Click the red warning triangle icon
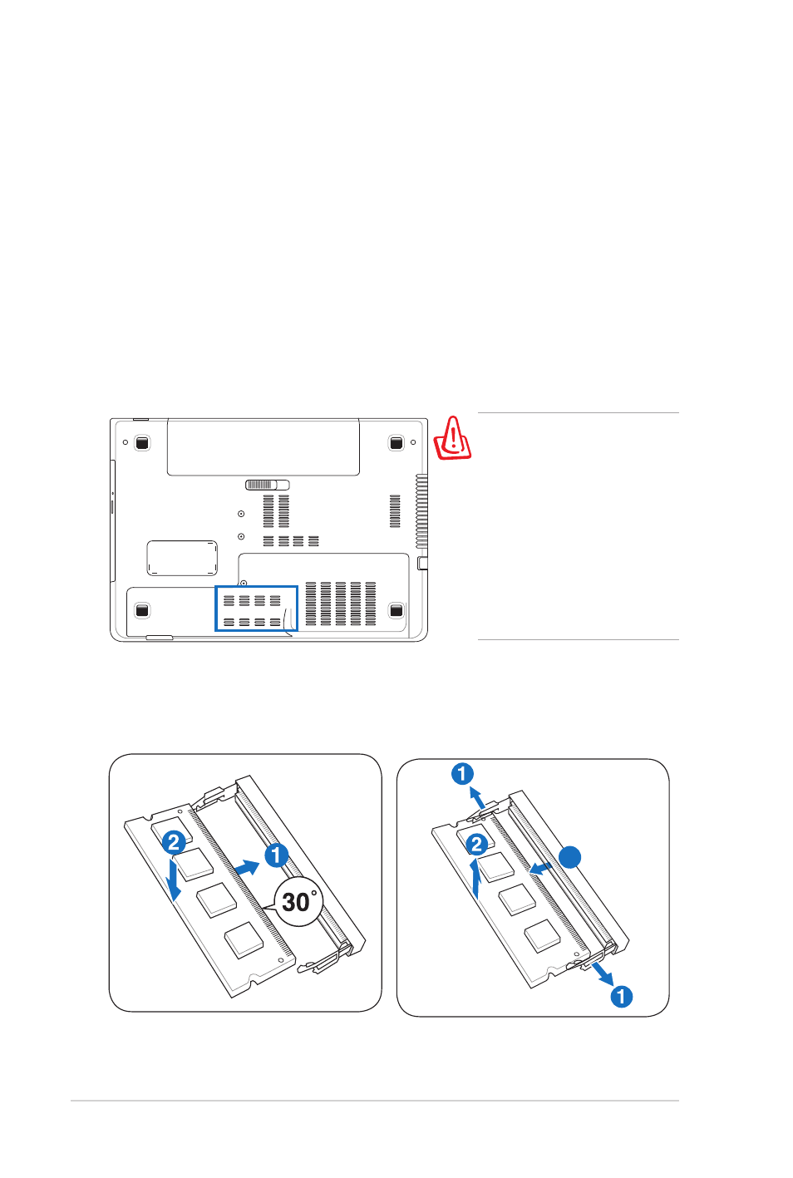[x=452, y=439]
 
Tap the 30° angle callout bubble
[x=298, y=901]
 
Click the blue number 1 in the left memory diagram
[x=277, y=855]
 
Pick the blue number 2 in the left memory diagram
[x=174, y=842]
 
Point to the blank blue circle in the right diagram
[x=569, y=858]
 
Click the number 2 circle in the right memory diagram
[x=476, y=845]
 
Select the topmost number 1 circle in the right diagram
[x=462, y=774]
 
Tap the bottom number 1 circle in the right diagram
[x=621, y=997]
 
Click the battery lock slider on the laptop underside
[x=267, y=485]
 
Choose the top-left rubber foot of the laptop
[x=142, y=443]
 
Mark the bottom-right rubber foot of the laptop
[x=396, y=610]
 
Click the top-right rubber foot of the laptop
[x=396, y=443]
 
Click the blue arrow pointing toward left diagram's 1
[x=247, y=868]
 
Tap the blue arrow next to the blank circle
[x=540, y=868]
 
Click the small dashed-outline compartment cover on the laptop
[x=182, y=558]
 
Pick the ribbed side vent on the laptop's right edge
[x=421, y=512]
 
